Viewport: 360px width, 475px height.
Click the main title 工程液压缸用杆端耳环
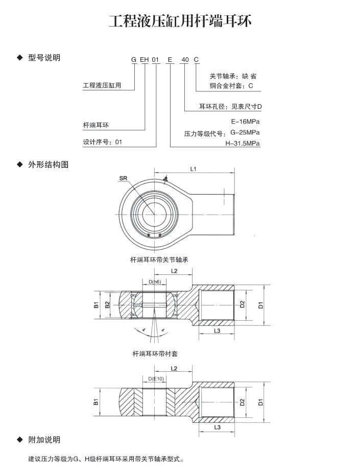(180, 21)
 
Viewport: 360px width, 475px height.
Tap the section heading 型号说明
(44, 58)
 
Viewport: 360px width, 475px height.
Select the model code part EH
(144, 60)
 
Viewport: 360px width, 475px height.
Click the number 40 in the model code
(185, 60)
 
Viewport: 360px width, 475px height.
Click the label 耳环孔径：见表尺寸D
(230, 107)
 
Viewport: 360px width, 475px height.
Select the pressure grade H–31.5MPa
(243, 144)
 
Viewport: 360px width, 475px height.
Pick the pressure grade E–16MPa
(246, 122)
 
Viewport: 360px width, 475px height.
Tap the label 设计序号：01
(103, 142)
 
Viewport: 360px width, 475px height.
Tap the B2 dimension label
(107, 305)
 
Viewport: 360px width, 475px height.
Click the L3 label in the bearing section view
(217, 331)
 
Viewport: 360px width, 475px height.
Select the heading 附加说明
(44, 440)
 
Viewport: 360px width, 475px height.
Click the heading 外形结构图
(47, 164)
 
